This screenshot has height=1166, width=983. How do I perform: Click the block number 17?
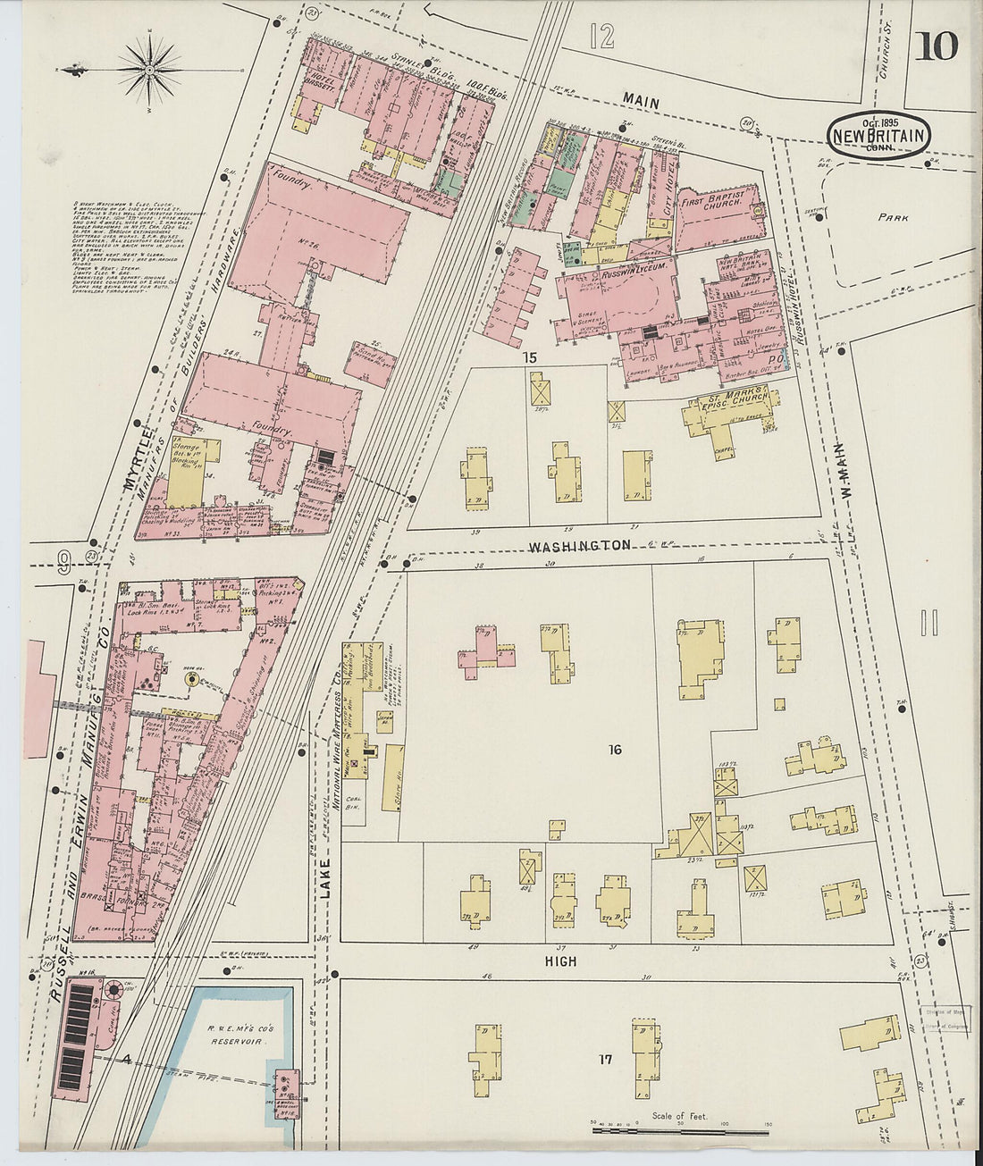(x=605, y=1061)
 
